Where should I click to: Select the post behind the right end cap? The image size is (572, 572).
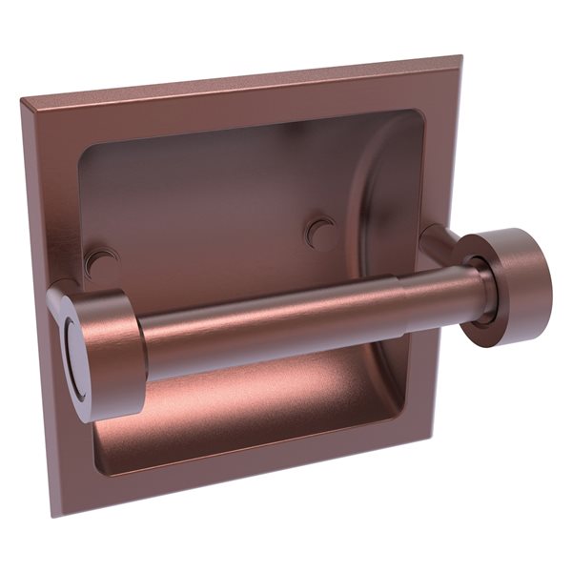tap(439, 243)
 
